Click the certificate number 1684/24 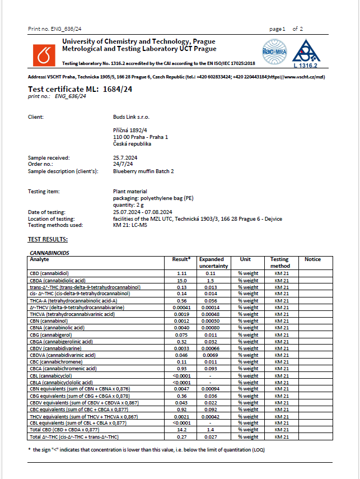[118, 89]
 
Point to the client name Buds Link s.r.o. [132, 117]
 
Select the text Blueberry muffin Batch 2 [143, 171]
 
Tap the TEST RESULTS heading [48, 240]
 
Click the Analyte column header [39, 259]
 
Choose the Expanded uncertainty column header [212, 262]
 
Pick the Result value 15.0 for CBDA [181, 280]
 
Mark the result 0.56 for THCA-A [181, 300]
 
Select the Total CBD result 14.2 [181, 429]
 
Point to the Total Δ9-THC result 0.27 [181, 436]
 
